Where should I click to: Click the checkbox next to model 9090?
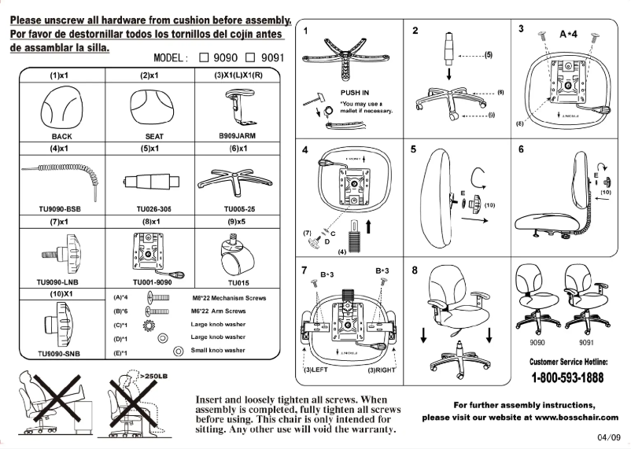pyautogui.click(x=205, y=57)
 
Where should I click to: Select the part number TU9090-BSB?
pyautogui.click(x=59, y=209)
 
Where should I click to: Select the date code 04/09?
pyautogui.click(x=608, y=437)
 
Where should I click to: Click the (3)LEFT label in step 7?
pyautogui.click(x=318, y=368)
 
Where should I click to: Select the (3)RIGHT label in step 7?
pyautogui.click(x=383, y=368)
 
